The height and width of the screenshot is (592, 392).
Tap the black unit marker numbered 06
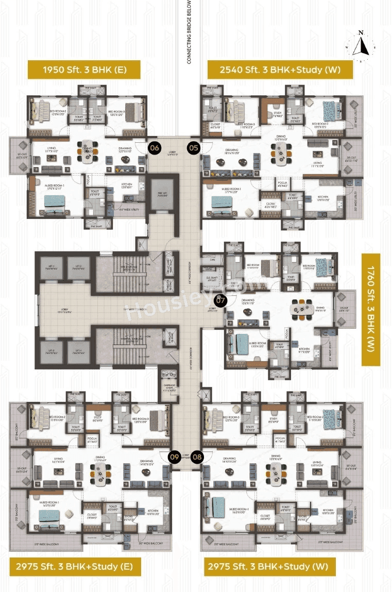pyautogui.click(x=154, y=148)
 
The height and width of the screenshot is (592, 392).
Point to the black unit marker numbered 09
pyautogui.click(x=175, y=456)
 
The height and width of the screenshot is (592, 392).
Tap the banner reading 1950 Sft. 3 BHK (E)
pyautogui.click(x=84, y=69)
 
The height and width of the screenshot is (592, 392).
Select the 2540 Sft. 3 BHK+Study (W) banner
pyautogui.click(x=280, y=69)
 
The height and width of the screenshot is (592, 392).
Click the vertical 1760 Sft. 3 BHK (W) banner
pyautogui.click(x=371, y=309)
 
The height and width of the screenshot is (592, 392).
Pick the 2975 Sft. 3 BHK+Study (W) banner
pyautogui.click(x=270, y=567)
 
